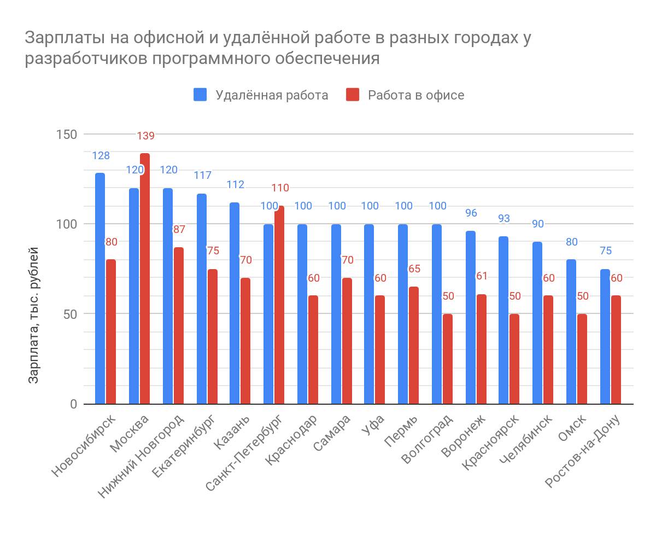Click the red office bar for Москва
[x=145, y=279]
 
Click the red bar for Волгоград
[x=448, y=359]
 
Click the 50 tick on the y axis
[x=71, y=314]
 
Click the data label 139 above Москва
[x=145, y=136]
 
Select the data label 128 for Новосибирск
[x=101, y=156]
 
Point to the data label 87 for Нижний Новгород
[x=179, y=230]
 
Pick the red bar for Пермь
[x=414, y=345]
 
